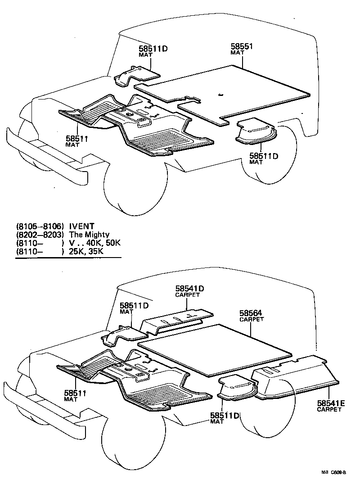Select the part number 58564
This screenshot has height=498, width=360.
click(x=251, y=313)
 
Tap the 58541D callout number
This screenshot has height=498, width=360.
click(x=189, y=289)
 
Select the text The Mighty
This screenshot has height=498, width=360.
click(x=89, y=235)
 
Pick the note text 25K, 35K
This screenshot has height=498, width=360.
click(x=86, y=251)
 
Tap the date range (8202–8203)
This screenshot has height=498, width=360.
click(x=40, y=235)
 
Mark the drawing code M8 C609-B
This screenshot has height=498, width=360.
click(x=333, y=472)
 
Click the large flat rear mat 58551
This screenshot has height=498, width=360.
click(x=252, y=90)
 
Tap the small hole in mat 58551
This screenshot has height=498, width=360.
click(x=220, y=95)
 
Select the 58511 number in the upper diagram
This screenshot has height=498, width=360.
click(x=76, y=139)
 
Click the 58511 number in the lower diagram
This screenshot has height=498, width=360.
click(x=74, y=393)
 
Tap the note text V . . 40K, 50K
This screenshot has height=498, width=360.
click(x=95, y=243)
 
